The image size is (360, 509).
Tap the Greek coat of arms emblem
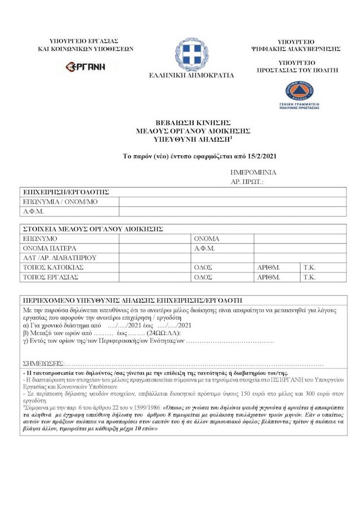pos(191,53)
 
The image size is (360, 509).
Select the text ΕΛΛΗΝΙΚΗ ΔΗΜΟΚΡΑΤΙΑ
pos(191,75)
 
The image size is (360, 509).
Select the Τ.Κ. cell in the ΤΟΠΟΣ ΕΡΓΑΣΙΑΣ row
pos(309,277)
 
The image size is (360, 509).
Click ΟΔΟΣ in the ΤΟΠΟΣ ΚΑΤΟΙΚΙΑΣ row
pos(203,267)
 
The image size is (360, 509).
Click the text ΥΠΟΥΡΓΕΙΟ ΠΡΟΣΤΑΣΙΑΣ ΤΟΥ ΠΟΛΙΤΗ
pos(299,66)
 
